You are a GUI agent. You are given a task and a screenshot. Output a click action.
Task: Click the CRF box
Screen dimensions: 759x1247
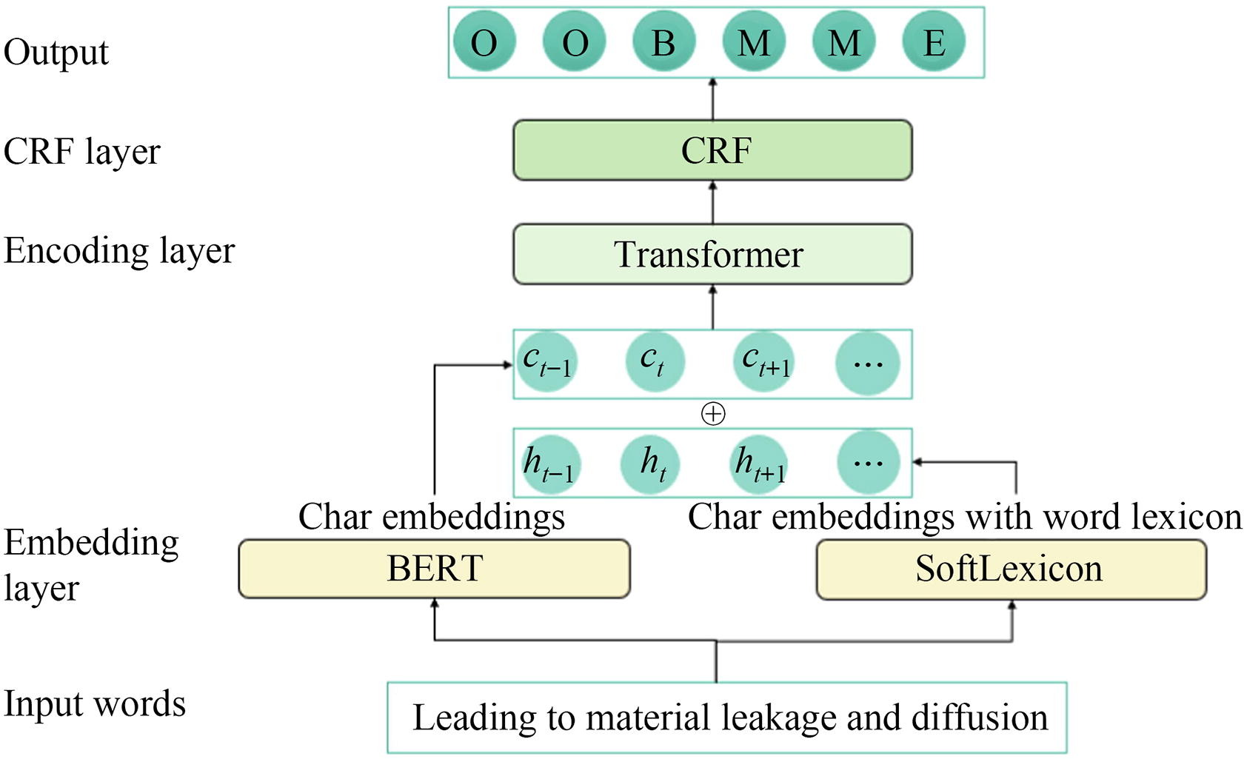click(712, 150)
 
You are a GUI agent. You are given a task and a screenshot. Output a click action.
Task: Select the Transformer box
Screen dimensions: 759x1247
click(712, 255)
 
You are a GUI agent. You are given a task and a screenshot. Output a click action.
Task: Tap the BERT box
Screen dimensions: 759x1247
click(434, 569)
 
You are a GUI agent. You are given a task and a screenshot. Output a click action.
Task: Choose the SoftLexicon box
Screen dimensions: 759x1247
click(1011, 569)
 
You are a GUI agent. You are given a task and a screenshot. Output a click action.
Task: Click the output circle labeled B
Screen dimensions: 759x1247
click(663, 41)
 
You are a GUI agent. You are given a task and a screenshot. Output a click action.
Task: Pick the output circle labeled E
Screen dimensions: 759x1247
click(934, 41)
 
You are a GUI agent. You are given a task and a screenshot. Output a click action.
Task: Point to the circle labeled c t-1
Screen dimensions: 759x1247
click(547, 362)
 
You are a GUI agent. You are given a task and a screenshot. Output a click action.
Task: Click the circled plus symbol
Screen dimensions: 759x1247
click(713, 414)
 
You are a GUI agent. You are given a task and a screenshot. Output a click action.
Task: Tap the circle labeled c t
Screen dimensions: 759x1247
click(654, 362)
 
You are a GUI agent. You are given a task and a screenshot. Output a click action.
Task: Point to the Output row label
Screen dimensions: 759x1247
click(56, 52)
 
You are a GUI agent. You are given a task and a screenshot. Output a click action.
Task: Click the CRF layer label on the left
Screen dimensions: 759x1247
click(81, 151)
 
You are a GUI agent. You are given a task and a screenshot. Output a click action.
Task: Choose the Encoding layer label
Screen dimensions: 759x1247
click(118, 250)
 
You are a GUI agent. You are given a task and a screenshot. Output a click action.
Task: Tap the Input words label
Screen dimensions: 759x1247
click(95, 703)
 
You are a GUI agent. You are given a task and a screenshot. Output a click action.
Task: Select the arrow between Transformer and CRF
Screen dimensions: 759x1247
click(713, 201)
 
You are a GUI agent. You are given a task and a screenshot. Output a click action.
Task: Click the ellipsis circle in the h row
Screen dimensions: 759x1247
click(868, 463)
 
